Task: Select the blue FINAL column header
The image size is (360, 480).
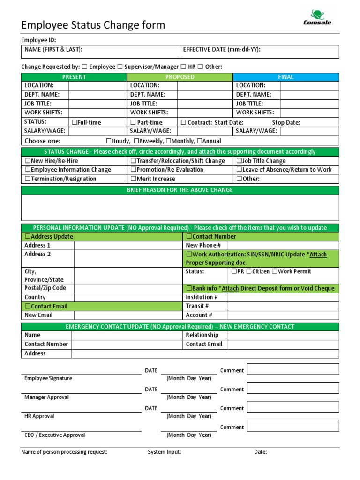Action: pos(286,77)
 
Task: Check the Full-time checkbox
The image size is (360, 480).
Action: pos(75,123)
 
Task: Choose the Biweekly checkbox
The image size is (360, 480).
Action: pos(136,141)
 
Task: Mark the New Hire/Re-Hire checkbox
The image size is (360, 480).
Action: pos(28,161)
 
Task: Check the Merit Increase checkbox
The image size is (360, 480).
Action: pos(134,179)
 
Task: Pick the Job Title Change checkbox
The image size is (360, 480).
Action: pos(240,161)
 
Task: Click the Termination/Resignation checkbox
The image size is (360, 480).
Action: pos(28,179)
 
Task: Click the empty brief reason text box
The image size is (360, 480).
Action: pos(180,208)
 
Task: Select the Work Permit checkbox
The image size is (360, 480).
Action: pos(275,271)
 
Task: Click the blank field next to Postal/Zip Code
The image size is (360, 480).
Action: pos(128,288)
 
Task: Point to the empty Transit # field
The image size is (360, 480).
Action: pos(283,306)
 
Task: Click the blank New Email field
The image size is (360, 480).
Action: pos(128,315)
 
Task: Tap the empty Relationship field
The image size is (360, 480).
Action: pos(283,335)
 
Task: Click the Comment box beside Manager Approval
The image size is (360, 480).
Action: pos(292,388)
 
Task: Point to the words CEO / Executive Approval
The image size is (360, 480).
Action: pos(55,435)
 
